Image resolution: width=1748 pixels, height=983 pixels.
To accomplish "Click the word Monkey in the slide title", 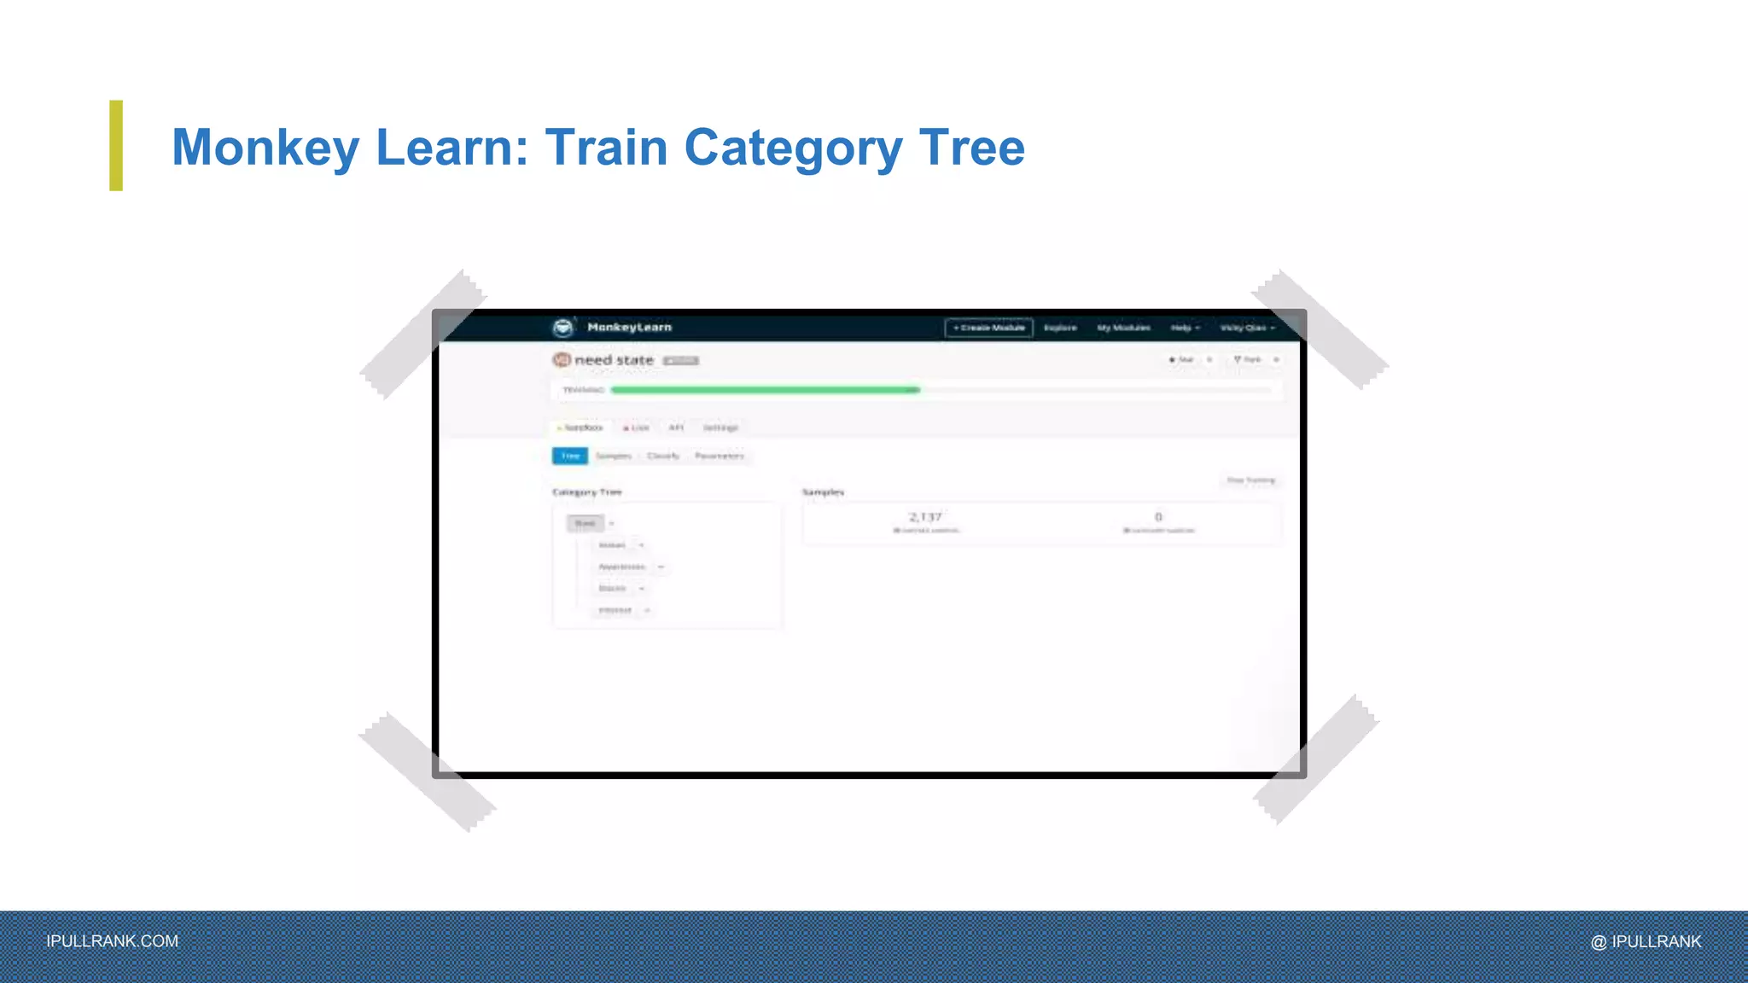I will [265, 148].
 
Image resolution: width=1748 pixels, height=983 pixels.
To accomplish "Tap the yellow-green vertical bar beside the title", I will [116, 145].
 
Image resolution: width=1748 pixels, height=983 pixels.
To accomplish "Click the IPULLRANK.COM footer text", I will [113, 941].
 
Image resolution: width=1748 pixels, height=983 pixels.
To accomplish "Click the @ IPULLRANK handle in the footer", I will [1646, 941].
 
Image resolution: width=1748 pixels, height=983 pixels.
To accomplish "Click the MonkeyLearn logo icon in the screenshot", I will [563, 328].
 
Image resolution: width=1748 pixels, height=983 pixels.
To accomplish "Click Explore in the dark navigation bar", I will [1060, 328].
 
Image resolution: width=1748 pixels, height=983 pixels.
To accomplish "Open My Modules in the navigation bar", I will [1123, 328].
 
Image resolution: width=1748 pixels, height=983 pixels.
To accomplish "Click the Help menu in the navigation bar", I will [1185, 328].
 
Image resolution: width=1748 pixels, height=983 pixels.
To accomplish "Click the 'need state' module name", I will [614, 360].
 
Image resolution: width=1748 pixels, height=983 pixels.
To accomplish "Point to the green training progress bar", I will [765, 390].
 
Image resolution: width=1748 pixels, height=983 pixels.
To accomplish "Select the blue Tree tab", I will [570, 456].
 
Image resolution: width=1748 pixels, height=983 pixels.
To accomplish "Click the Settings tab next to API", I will [720, 428].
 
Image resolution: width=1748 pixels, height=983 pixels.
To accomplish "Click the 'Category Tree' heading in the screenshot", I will [587, 492].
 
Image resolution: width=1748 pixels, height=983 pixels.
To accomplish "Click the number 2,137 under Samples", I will [925, 517].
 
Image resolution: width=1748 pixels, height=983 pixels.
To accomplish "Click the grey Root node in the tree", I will [586, 523].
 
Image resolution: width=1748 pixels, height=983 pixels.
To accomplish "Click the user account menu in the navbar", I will [1247, 328].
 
